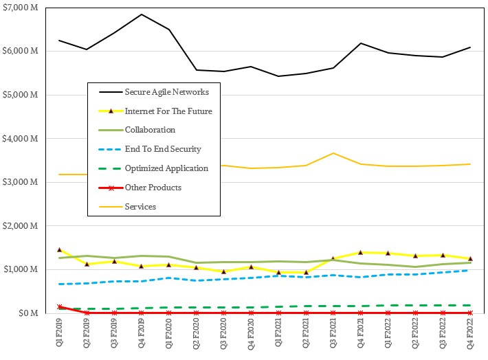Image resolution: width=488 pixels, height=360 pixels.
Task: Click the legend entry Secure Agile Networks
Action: [166, 91]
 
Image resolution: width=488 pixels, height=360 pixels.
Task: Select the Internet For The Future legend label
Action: [168, 111]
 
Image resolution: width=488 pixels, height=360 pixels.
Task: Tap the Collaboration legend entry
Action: [150, 129]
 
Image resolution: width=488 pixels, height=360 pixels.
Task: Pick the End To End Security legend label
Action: [162, 148]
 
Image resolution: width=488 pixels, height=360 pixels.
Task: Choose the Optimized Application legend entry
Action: [165, 168]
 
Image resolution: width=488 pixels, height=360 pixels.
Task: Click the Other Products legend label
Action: [153, 187]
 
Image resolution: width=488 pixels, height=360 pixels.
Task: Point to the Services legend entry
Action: [141, 206]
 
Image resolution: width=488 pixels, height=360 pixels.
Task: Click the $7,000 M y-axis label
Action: [21, 8]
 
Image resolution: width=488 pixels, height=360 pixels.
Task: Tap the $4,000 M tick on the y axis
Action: [21, 139]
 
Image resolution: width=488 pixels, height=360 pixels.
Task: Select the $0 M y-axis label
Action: [28, 313]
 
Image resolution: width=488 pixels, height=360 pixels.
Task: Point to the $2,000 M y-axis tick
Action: [21, 226]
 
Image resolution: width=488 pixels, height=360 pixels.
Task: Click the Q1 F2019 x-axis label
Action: [60, 335]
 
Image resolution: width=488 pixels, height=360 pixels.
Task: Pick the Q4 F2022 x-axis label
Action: [470, 335]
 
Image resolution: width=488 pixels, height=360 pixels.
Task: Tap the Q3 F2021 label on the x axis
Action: [333, 335]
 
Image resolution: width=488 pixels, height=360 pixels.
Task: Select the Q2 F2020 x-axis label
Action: [197, 335]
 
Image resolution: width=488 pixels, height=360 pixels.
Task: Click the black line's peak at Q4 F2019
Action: [142, 14]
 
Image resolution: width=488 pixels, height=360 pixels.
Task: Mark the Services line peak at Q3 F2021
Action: [333, 153]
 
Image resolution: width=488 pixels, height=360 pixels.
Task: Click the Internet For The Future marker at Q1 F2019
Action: [60, 249]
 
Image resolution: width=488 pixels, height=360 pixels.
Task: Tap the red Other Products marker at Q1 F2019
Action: [60, 306]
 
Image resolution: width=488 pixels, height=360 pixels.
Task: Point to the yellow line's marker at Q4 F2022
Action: [470, 258]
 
